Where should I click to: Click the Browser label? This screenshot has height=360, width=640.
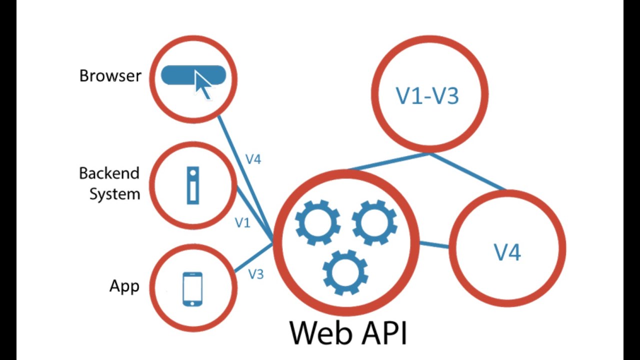pos(110,76)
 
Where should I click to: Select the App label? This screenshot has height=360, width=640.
pos(124,286)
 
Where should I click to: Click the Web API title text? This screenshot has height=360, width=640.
pos(348,332)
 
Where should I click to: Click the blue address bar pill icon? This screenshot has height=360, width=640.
pos(180,75)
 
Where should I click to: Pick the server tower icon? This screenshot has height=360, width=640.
pos(192,185)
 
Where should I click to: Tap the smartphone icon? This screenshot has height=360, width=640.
pos(192,288)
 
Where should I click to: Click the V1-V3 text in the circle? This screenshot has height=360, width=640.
pos(427,95)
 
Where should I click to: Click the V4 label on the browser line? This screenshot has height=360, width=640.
pos(253,159)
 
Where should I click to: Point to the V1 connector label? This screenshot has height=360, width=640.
pos(242,223)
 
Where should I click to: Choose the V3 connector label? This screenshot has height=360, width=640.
pos(255,274)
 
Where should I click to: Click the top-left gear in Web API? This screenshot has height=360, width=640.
pos(317,222)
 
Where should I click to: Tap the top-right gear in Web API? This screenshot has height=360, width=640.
pos(374,222)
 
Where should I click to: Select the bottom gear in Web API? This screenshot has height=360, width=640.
pos(345,272)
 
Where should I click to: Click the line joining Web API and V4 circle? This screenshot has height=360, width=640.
pos(434,244)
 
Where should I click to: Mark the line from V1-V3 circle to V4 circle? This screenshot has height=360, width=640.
pos(467,171)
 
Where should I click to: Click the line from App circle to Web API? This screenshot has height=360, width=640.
pos(252,258)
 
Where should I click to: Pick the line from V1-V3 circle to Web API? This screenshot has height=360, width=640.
pos(389,161)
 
